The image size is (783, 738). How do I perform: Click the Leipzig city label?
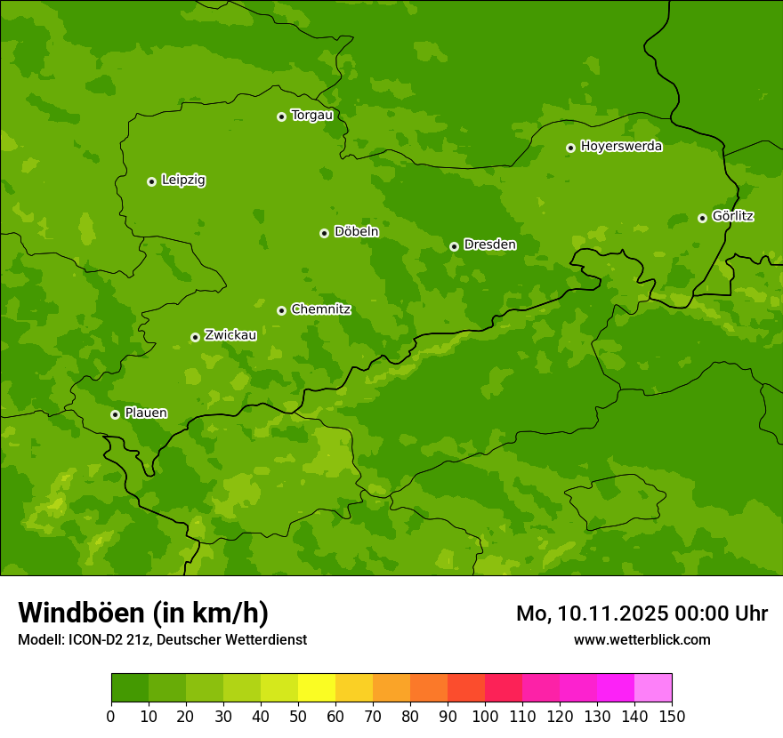pos(183,180)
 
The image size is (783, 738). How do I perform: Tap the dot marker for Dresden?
pos(454,246)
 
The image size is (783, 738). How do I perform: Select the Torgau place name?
pos(311,116)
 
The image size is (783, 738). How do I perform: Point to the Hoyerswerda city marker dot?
pos(570,148)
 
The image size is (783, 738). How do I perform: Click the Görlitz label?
pos(732,216)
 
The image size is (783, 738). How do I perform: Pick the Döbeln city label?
pos(356,232)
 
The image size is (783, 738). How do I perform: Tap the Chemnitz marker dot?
pos(281,310)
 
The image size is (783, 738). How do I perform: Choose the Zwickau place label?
pos(230,335)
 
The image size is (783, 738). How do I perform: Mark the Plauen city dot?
pos(115,414)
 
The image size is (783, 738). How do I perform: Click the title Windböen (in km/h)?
pos(142,613)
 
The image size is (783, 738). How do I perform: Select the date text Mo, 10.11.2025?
pos(593,614)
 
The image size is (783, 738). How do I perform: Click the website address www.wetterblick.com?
pos(642,639)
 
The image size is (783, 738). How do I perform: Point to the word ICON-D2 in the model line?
pos(93,640)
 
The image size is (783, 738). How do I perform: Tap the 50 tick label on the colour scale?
pos(298,716)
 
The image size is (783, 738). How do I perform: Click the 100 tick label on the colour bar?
pos(485,716)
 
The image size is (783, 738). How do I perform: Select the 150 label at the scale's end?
pos(672,716)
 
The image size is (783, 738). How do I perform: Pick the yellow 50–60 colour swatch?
pos(317,688)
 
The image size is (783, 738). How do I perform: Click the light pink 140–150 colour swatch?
pos(653,688)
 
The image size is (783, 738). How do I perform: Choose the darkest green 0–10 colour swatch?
pos(130,688)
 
